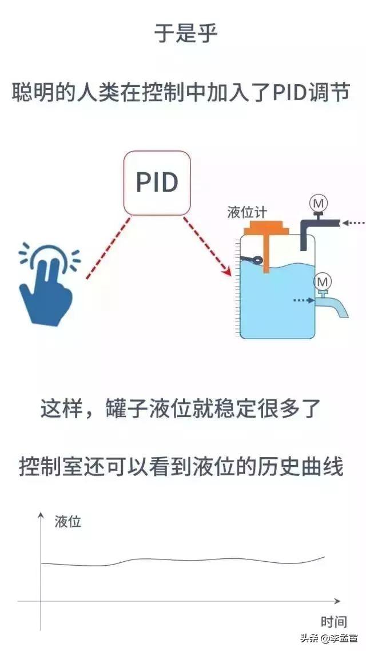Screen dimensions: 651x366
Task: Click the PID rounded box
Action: (157, 182)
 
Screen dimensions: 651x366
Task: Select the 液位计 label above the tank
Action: (246, 212)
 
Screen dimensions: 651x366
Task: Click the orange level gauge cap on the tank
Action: (266, 228)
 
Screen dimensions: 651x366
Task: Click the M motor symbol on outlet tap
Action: (324, 281)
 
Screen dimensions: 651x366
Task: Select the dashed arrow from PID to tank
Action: (207, 246)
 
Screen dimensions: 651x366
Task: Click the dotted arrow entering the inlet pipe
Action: (352, 223)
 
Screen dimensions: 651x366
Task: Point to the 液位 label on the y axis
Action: (68, 522)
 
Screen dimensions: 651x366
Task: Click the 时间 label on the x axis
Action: (333, 622)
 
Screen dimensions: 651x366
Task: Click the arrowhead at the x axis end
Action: (337, 601)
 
